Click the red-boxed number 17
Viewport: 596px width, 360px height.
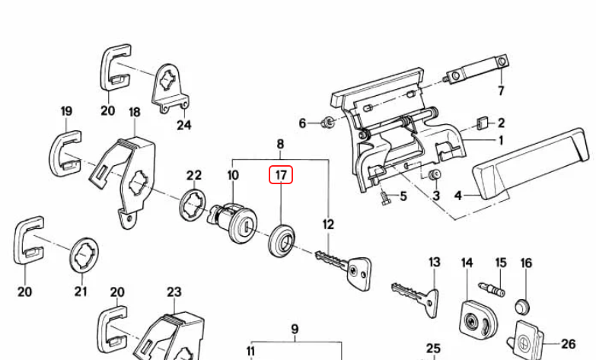coord(281,176)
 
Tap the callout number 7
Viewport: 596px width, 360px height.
coord(501,91)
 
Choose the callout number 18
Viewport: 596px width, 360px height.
coord(135,113)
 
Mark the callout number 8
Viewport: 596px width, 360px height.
coord(280,143)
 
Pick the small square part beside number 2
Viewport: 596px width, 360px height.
coord(481,123)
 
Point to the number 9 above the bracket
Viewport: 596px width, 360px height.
coord(295,330)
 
